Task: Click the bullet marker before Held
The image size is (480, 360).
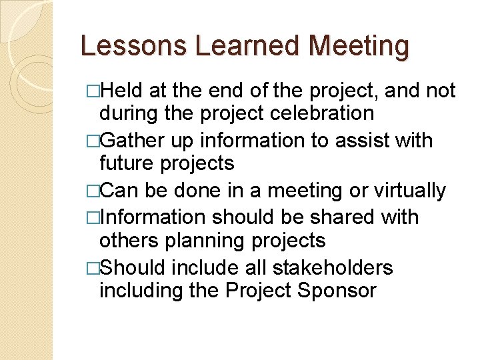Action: click(93, 91)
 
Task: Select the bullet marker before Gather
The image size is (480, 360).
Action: click(93, 141)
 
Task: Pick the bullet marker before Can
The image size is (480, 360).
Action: click(93, 191)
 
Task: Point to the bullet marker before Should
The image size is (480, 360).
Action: click(93, 268)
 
